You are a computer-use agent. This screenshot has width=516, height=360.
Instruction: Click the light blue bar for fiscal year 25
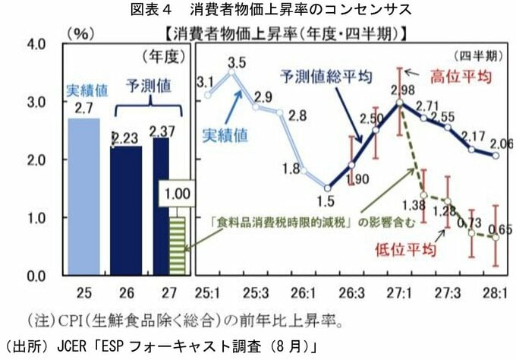tap(83, 197)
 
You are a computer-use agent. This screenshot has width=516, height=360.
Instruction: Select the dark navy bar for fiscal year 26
tap(126, 210)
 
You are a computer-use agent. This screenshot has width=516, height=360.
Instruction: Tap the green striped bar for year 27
tap(178, 246)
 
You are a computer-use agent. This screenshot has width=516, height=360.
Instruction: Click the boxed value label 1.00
tap(177, 194)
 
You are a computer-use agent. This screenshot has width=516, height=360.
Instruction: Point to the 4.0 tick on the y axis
tap(36, 44)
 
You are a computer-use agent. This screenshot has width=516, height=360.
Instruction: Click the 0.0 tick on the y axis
tap(36, 276)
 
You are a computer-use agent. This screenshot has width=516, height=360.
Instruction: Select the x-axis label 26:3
tap(351, 292)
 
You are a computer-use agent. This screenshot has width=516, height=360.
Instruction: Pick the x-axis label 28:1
tap(495, 292)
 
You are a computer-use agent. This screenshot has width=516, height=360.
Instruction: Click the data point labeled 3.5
tap(231, 71)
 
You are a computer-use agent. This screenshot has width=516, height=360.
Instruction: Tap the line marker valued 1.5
tap(328, 188)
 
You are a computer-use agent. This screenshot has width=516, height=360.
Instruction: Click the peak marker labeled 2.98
tap(400, 103)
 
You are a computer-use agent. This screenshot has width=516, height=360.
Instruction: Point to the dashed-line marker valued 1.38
tap(424, 195)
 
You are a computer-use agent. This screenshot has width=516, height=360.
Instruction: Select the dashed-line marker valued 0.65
tap(496, 238)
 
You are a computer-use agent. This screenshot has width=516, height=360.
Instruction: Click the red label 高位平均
tap(461, 77)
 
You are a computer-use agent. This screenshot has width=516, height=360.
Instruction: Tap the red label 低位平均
tap(405, 250)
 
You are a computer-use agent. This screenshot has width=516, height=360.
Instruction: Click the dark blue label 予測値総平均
tap(326, 77)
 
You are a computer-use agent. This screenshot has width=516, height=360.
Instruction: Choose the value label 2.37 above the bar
tap(162, 131)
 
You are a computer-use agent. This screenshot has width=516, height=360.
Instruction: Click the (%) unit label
tap(81, 33)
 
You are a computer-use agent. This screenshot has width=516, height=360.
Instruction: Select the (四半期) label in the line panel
tap(479, 56)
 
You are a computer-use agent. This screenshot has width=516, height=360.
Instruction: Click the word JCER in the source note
tap(71, 346)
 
